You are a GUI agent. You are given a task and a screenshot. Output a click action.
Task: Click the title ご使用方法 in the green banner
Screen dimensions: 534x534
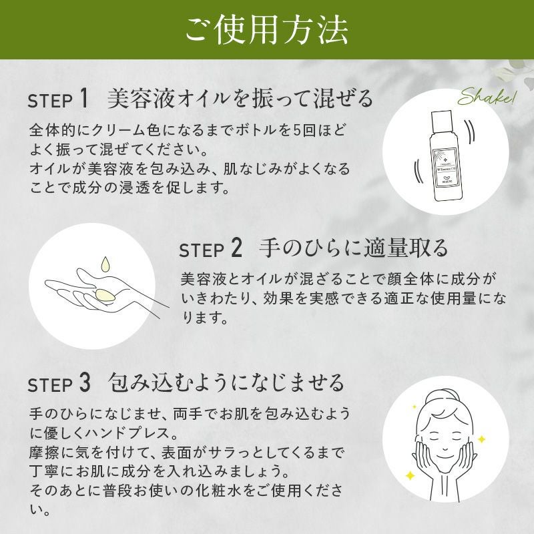pos(266,29)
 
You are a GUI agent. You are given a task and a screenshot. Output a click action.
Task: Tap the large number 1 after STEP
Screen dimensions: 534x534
pos(83,98)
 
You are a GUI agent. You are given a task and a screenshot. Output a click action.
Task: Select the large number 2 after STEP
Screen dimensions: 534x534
pos(236,248)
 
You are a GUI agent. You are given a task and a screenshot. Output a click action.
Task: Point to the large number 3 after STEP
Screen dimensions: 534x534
pos(85,382)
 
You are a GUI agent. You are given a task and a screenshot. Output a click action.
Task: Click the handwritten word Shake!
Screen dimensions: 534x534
pos(487,97)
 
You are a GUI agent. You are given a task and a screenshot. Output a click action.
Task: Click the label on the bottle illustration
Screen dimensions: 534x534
pos(445,168)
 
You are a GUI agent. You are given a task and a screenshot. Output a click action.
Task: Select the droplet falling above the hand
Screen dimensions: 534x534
pos(105,264)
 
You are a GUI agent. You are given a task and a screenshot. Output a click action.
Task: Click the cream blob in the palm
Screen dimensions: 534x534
pos(105,295)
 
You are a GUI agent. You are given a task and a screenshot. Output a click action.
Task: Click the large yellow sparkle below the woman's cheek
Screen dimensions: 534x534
pos(410,475)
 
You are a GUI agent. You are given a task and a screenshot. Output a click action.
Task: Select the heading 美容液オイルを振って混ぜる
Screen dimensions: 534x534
pos(240,98)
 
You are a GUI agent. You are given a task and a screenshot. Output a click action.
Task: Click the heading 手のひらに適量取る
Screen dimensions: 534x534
pos(353,248)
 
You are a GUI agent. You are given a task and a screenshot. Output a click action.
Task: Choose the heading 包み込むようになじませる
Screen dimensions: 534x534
pos(226,382)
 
